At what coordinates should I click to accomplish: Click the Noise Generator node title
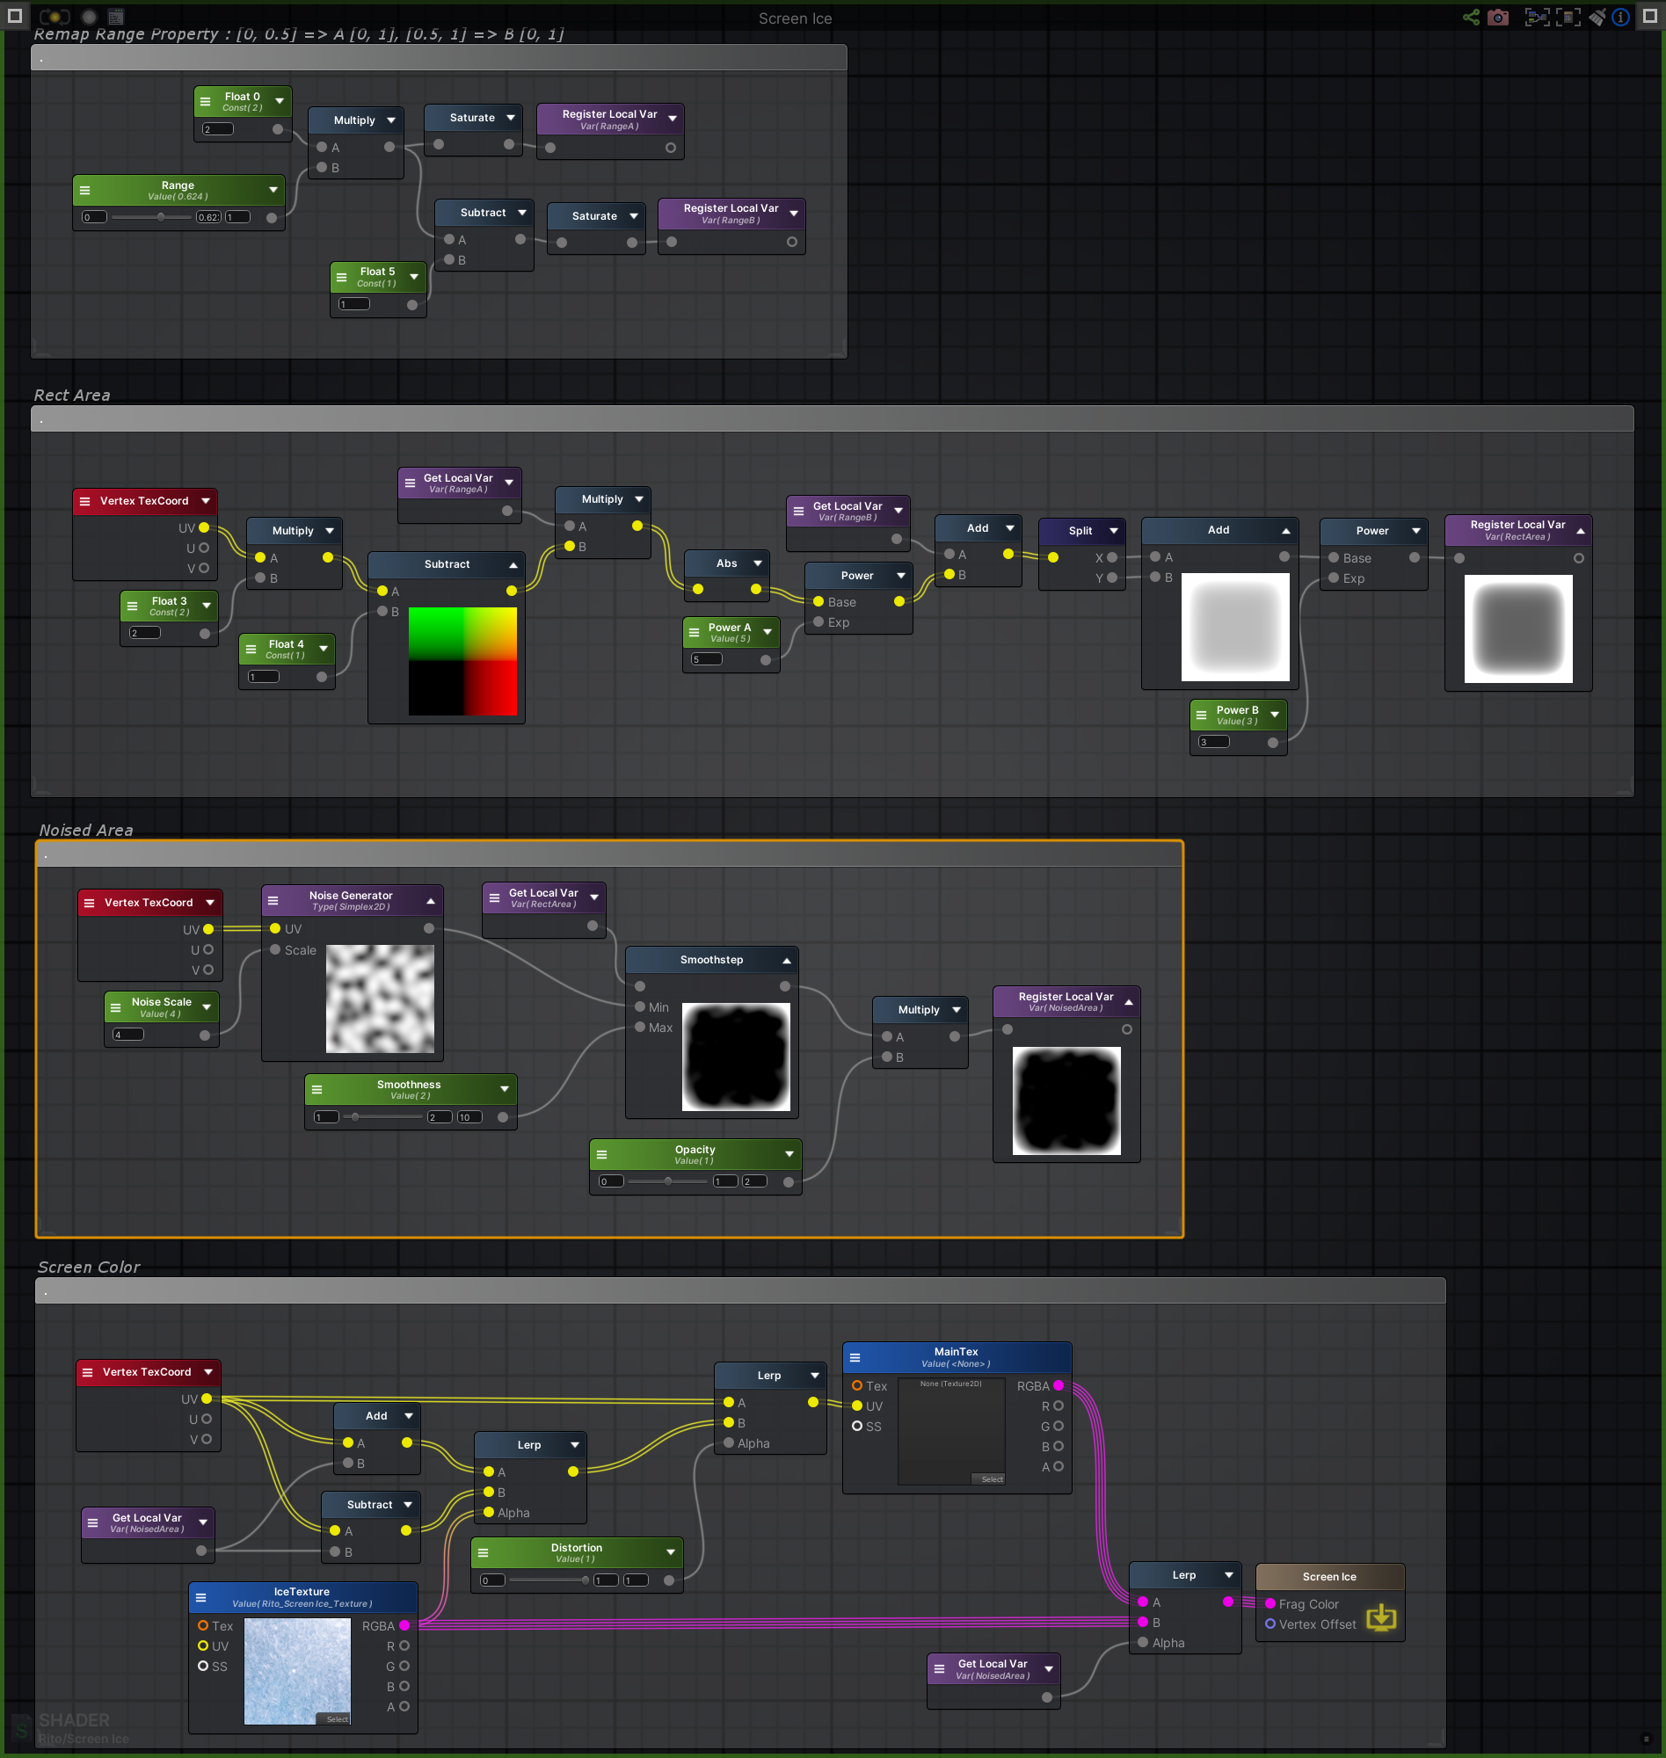(351, 896)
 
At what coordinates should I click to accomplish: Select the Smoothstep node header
(711, 960)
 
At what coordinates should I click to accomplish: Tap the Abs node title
(726, 563)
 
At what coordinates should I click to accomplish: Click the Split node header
(1080, 531)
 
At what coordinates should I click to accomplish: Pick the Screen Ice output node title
(1328, 1577)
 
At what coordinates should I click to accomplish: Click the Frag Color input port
(1270, 1603)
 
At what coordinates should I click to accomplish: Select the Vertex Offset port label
(1317, 1624)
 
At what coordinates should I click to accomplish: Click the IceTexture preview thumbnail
(296, 1670)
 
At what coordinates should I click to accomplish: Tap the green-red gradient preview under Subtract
(462, 661)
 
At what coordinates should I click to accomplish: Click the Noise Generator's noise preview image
(380, 999)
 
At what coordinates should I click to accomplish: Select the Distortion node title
(577, 1548)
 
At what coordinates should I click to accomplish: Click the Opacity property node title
(695, 1150)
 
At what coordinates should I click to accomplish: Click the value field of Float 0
(218, 129)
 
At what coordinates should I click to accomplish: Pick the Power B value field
(1214, 742)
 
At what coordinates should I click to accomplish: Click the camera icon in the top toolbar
(1498, 18)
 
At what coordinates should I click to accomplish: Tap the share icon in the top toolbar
(1471, 18)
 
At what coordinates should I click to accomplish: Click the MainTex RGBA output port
(1058, 1386)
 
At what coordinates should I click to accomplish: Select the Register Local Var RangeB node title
(730, 208)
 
